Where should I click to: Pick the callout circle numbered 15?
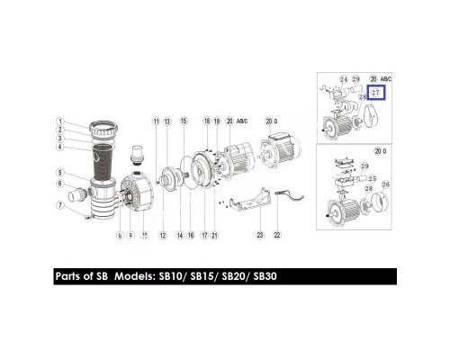[x=184, y=120]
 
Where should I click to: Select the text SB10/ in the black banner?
[x=170, y=276]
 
